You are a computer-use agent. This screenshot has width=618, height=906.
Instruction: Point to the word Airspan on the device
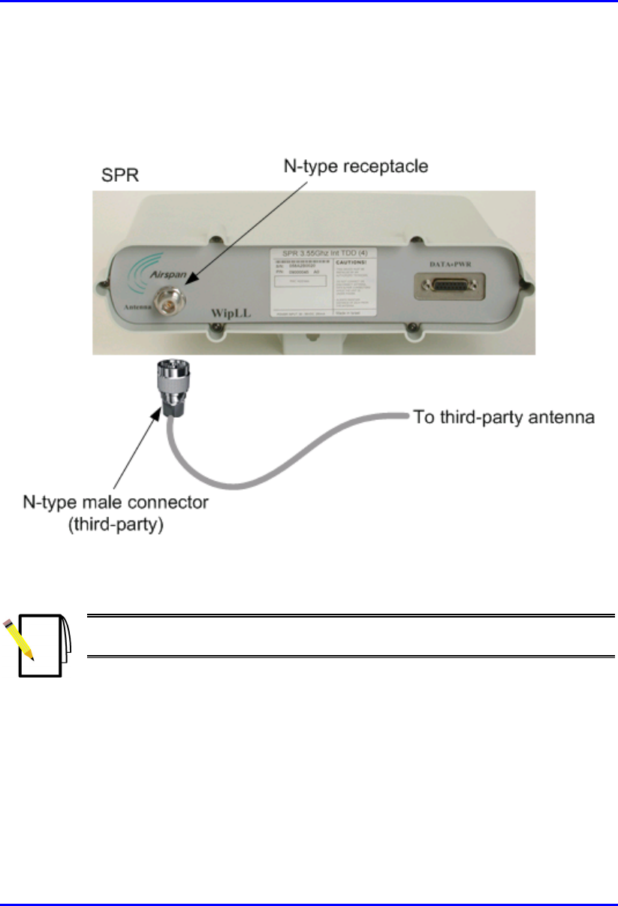173,276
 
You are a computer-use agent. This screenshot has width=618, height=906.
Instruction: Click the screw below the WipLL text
216,326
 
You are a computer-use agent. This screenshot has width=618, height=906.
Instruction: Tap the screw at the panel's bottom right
410,325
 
